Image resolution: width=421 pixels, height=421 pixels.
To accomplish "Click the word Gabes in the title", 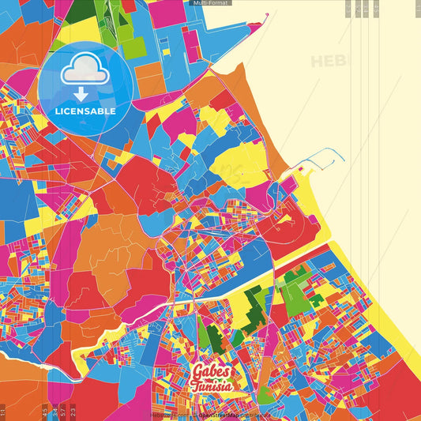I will pyautogui.click(x=212, y=372).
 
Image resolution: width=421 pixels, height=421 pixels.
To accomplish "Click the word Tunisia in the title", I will pyautogui.click(x=212, y=387).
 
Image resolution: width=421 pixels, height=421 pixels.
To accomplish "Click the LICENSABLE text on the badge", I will pyautogui.click(x=85, y=111).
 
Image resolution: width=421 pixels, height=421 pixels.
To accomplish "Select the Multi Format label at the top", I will pyautogui.click(x=210, y=3).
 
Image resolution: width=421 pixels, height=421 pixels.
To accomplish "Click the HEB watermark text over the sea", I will pyautogui.click(x=329, y=62).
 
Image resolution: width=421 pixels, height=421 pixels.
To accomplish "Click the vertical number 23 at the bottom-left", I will pyautogui.click(x=73, y=412).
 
